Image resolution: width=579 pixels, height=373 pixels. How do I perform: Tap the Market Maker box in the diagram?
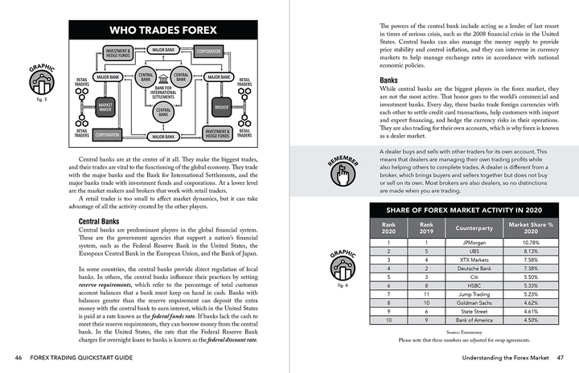(x=106, y=107)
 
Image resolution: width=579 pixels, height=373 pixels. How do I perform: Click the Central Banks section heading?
(x=100, y=221)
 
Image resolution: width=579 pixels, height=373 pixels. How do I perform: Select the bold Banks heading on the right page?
(x=390, y=81)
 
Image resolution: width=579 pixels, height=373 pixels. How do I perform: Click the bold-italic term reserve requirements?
(x=111, y=285)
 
